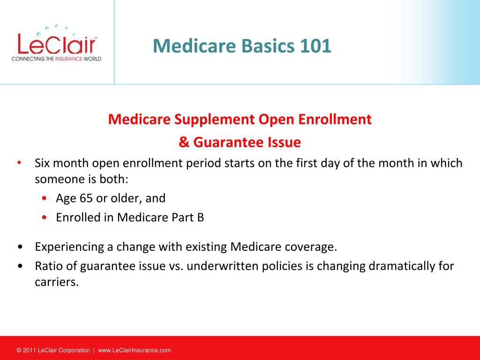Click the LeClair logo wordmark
coord(57,44)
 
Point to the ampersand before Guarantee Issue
coord(184,142)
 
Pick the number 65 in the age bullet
coord(86,198)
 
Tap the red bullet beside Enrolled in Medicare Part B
coord(45,217)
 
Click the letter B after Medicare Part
coord(201,217)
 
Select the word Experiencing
coord(69,247)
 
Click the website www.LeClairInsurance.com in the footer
coord(135,350)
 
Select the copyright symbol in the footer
coord(19,350)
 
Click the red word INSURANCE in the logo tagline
coord(69,59)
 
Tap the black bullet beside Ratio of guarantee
coord(20,266)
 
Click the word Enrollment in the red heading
coord(335,119)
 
